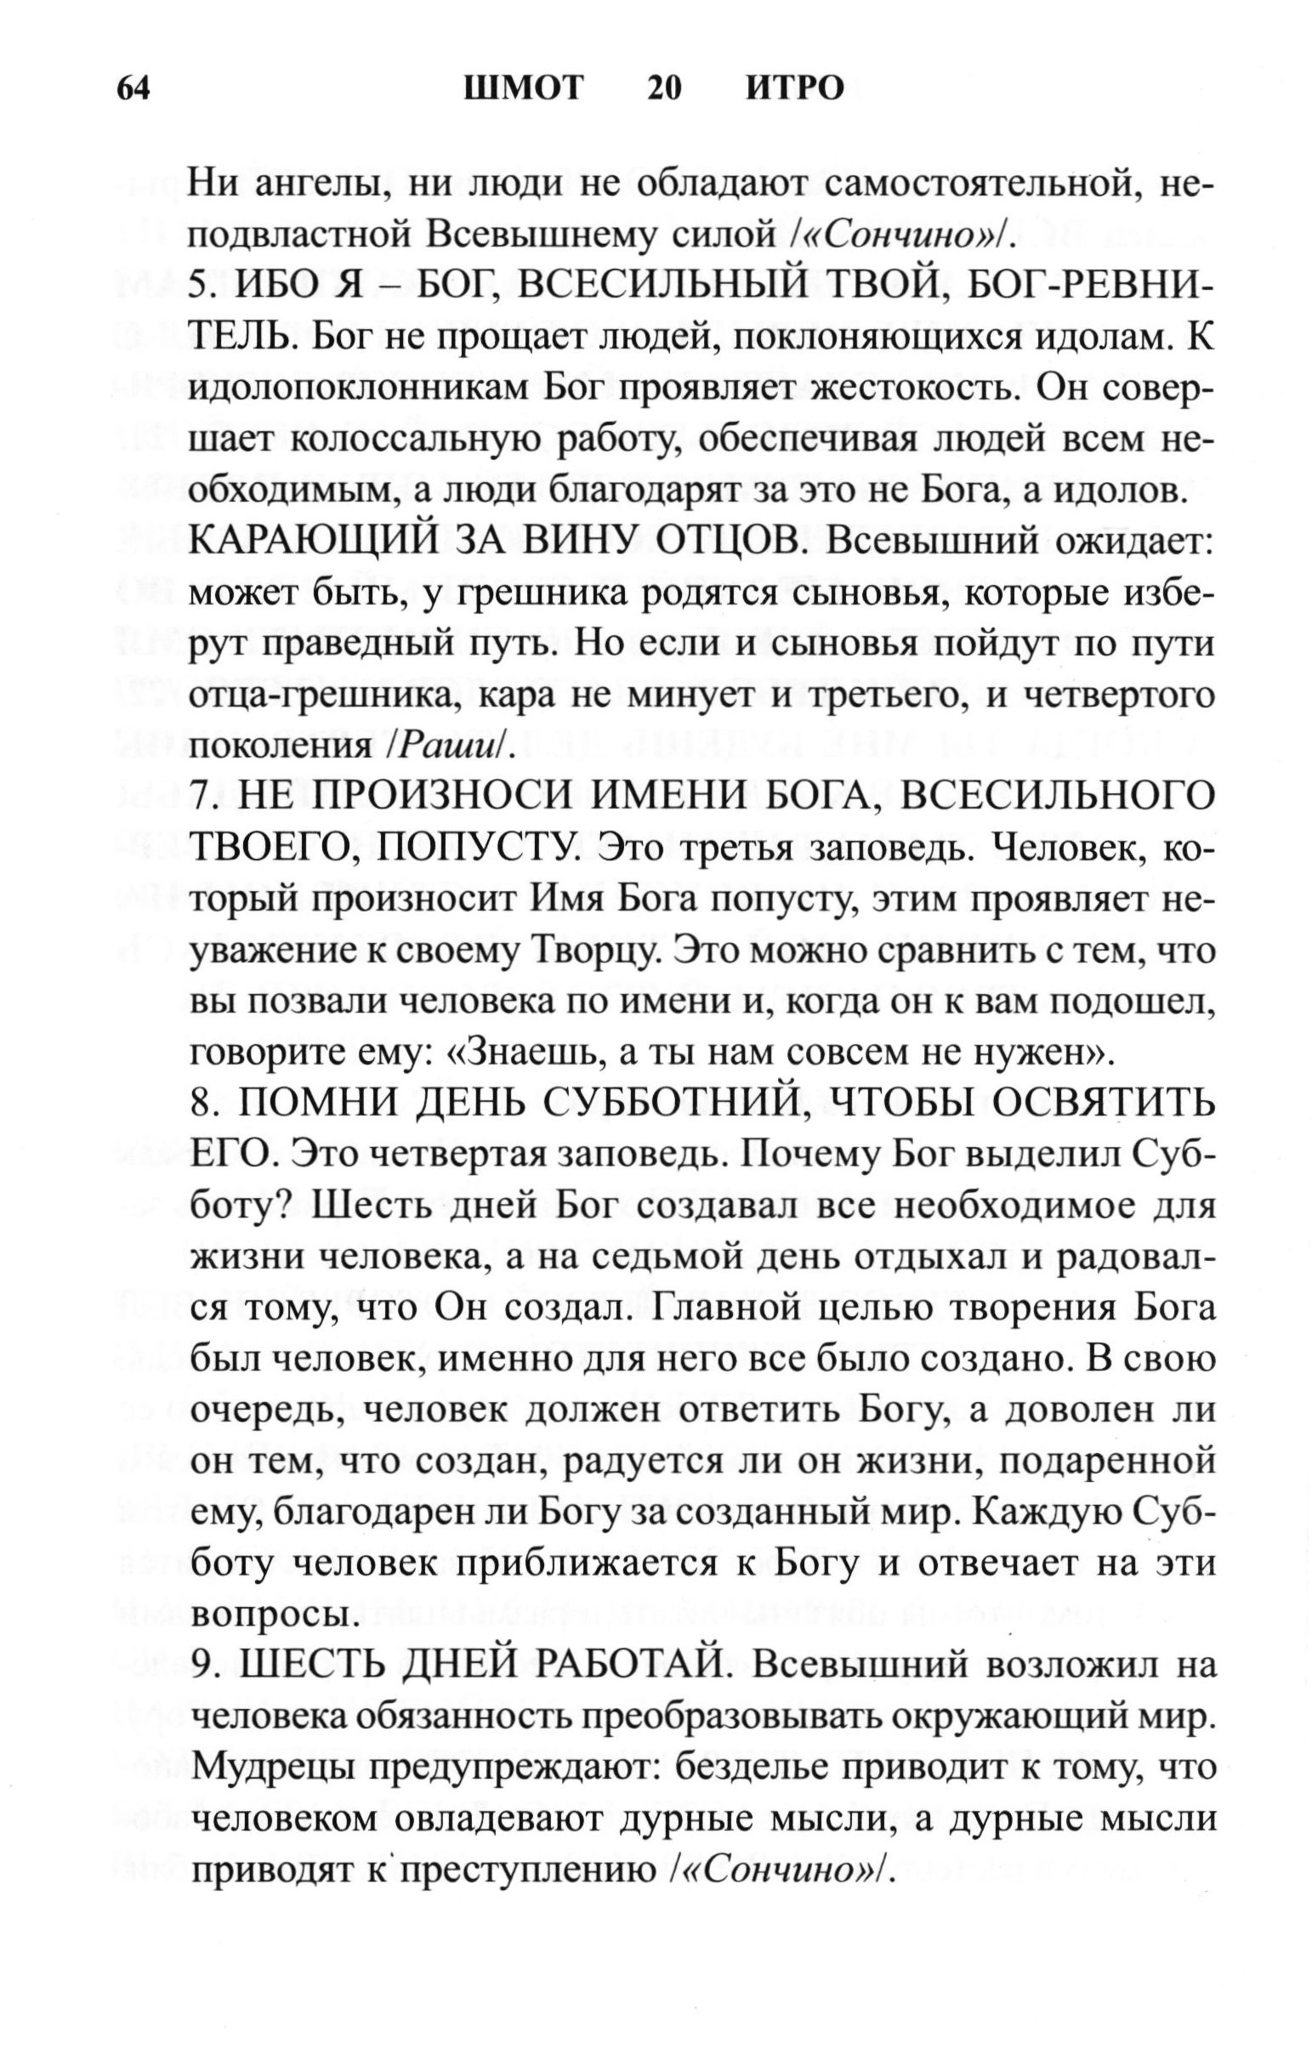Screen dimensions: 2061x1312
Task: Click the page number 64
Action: [134, 88]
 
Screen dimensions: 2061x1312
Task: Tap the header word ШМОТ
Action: [524, 88]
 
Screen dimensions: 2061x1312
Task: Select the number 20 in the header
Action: [664, 88]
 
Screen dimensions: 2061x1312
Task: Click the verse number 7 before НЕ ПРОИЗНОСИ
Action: [198, 797]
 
